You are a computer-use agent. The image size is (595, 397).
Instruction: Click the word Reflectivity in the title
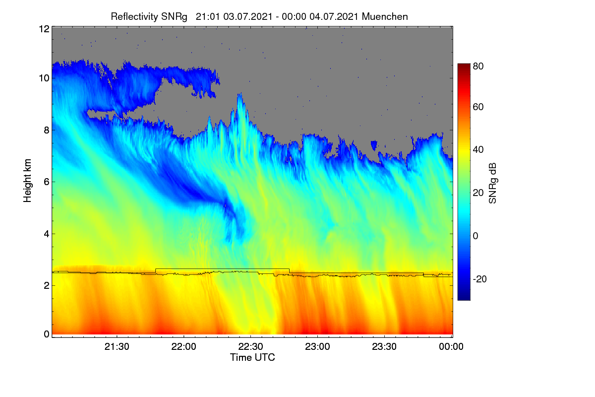134,17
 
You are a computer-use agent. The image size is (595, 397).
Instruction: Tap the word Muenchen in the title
385,16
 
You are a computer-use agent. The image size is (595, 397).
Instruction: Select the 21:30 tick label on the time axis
117,346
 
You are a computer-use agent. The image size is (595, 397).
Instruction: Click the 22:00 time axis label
183,346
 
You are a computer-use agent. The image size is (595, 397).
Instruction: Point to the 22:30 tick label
250,346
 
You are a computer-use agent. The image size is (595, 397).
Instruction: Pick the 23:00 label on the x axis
317,346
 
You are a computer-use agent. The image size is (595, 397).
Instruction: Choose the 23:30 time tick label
384,346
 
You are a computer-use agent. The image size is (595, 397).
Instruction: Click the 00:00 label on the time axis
451,346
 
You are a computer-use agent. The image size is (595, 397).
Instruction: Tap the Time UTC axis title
252,357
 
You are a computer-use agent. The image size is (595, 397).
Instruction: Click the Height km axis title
27,181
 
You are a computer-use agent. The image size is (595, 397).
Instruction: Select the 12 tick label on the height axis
44,29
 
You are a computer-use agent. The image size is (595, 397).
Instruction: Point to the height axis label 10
44,78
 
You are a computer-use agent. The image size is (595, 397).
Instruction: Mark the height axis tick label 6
47,182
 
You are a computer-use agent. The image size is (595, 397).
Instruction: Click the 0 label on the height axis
47,334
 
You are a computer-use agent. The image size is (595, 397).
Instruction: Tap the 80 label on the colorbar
478,66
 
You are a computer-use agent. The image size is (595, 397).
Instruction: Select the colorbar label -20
480,279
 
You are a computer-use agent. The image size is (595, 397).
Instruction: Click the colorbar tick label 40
478,150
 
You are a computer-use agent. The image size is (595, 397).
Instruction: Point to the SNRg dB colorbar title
493,183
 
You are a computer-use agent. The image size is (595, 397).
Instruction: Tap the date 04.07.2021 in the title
334,16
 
